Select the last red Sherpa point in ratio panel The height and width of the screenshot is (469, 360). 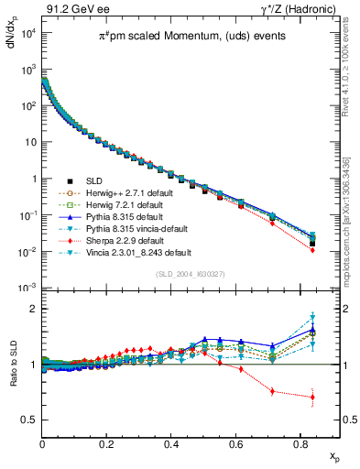[313, 397]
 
